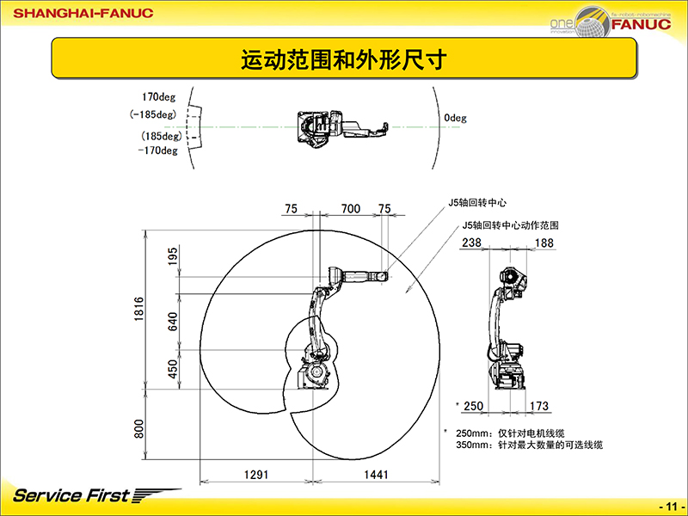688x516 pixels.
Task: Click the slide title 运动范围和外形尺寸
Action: (x=343, y=60)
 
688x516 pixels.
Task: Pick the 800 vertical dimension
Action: (x=138, y=428)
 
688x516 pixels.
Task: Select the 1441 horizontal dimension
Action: (x=375, y=474)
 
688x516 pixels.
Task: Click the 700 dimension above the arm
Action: (x=350, y=208)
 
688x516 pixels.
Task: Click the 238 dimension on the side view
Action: (x=471, y=243)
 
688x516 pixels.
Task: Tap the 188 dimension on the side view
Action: (x=544, y=243)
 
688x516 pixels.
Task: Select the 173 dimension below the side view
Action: (x=539, y=405)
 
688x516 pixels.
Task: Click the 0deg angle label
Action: (x=456, y=119)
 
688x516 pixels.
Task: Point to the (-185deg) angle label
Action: (x=152, y=114)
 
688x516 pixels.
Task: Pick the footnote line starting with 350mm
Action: (x=528, y=445)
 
